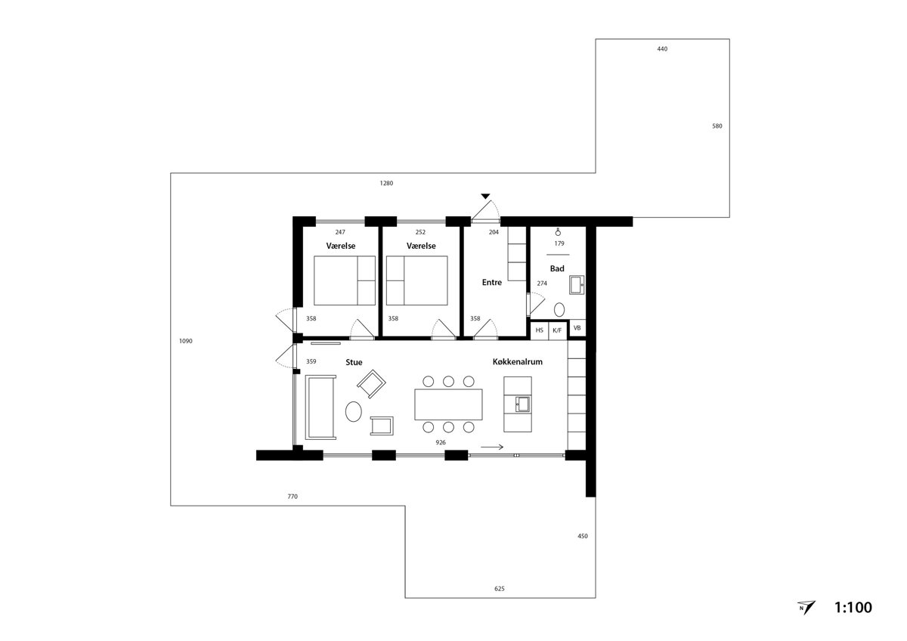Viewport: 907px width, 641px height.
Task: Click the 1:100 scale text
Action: pyautogui.click(x=853, y=608)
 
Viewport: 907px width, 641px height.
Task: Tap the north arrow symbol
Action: pyautogui.click(x=806, y=608)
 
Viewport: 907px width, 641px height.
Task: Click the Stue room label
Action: pyautogui.click(x=354, y=362)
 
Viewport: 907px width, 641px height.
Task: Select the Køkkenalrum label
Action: pyautogui.click(x=518, y=362)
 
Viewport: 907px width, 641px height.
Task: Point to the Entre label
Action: pyautogui.click(x=492, y=282)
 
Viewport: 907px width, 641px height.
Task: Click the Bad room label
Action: pyautogui.click(x=557, y=268)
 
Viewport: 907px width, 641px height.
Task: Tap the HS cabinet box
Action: pyautogui.click(x=540, y=330)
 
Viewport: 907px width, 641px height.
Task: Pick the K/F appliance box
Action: pyautogui.click(x=558, y=330)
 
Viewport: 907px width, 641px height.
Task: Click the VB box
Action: pyautogui.click(x=577, y=328)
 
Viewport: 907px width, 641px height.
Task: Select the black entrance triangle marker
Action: pyautogui.click(x=486, y=197)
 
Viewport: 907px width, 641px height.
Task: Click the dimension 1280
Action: pyautogui.click(x=386, y=184)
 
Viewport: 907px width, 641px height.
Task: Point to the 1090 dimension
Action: pyautogui.click(x=186, y=341)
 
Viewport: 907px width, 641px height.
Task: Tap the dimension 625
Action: pyautogui.click(x=500, y=588)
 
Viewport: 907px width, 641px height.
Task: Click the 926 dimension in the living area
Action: pyautogui.click(x=441, y=443)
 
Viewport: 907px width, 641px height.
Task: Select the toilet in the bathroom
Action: pyautogui.click(x=559, y=310)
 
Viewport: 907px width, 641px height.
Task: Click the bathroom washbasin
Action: pyautogui.click(x=577, y=285)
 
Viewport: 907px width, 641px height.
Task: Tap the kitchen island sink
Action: pyautogui.click(x=522, y=404)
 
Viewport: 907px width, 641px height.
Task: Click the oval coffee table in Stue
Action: pyautogui.click(x=354, y=411)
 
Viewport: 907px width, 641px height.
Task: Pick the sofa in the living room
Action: pyautogui.click(x=320, y=407)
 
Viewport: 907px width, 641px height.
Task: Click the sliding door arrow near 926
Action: pyautogui.click(x=492, y=447)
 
